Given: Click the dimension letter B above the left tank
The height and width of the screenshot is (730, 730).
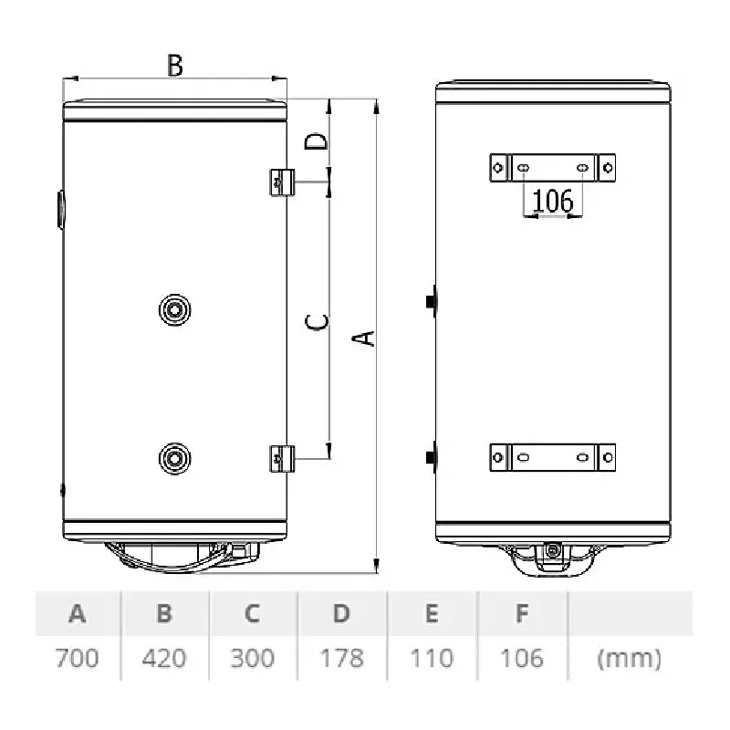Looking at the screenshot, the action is click(x=175, y=66).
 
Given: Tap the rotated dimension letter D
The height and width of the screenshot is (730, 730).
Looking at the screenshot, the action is click(x=316, y=141).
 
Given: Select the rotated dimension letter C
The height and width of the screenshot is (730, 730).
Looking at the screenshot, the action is click(x=317, y=322).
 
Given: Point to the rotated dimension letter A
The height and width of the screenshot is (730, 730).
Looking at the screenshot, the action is click(x=363, y=339).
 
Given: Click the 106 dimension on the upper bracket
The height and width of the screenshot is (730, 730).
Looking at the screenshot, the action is click(x=553, y=201).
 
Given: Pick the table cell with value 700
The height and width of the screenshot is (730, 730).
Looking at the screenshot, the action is click(x=78, y=658).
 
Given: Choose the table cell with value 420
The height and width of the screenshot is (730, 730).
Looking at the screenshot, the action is click(x=164, y=658).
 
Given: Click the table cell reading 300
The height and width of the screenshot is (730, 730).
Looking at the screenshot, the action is click(x=253, y=658).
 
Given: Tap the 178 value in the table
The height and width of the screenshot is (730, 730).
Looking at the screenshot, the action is click(x=341, y=658).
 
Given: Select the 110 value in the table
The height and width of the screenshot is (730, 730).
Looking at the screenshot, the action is click(x=432, y=658).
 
